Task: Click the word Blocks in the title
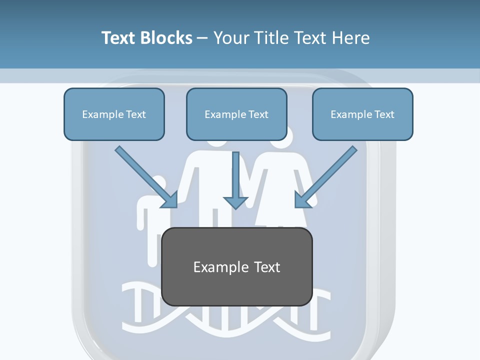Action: pyautogui.click(x=166, y=37)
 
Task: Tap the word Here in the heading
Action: pyautogui.click(x=351, y=37)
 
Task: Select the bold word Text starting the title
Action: pyautogui.click(x=118, y=37)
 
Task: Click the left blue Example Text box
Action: pyautogui.click(x=114, y=114)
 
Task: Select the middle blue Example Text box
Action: pyautogui.click(x=236, y=114)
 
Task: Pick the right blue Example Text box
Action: pyautogui.click(x=363, y=114)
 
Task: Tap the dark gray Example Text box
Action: pyautogui.click(x=237, y=266)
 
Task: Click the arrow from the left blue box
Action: pyautogui.click(x=146, y=177)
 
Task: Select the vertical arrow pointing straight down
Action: pyautogui.click(x=235, y=180)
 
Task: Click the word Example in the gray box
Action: pyautogui.click(x=217, y=267)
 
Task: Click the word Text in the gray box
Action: pyautogui.click(x=266, y=267)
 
